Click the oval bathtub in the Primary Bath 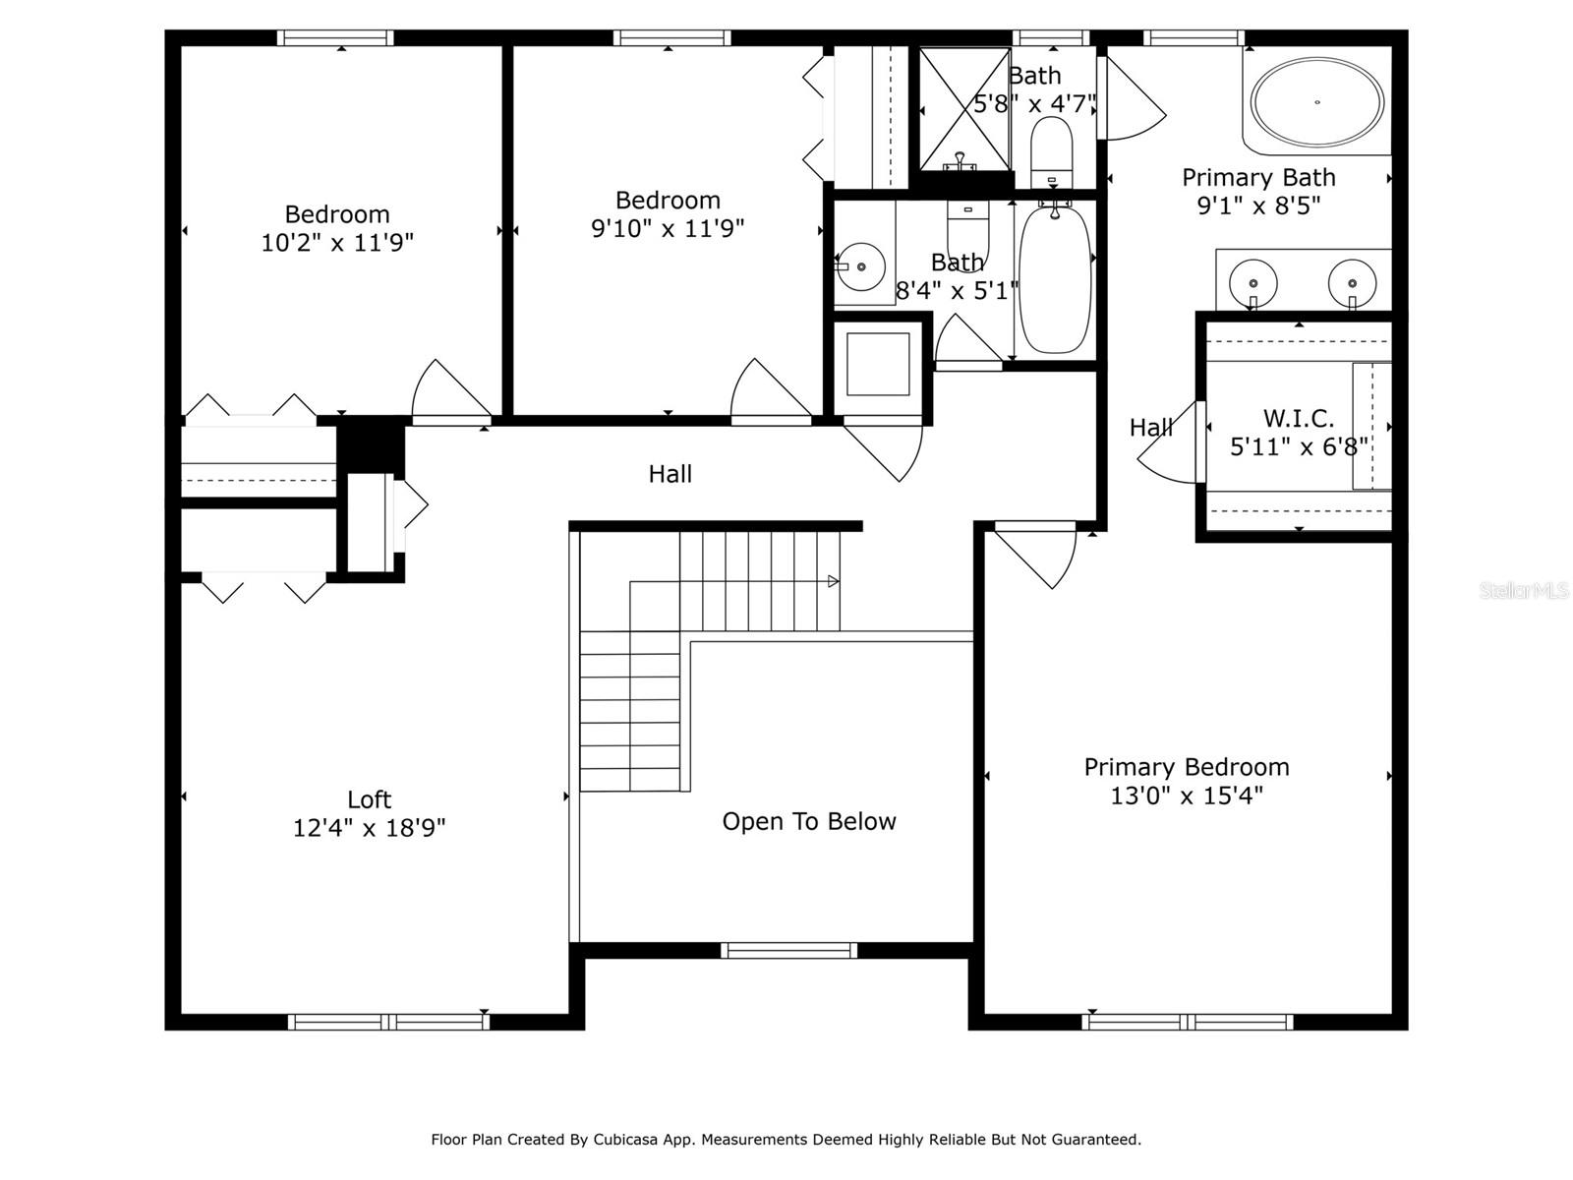1317,102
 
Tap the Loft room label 369,798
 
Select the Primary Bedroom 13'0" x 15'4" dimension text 1187,796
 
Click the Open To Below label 809,821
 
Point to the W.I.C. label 1299,418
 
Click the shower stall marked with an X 964,109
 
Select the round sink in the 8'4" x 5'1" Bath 860,266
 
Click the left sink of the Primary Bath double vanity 1253,282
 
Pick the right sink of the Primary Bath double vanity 1352,282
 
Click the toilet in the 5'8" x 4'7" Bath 1051,151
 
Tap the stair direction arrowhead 834,581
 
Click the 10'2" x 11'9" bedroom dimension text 337,243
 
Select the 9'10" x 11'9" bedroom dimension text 668,228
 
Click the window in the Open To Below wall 789,951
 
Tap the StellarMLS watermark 1524,590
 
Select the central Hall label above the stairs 670,474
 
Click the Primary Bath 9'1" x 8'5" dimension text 1258,206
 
